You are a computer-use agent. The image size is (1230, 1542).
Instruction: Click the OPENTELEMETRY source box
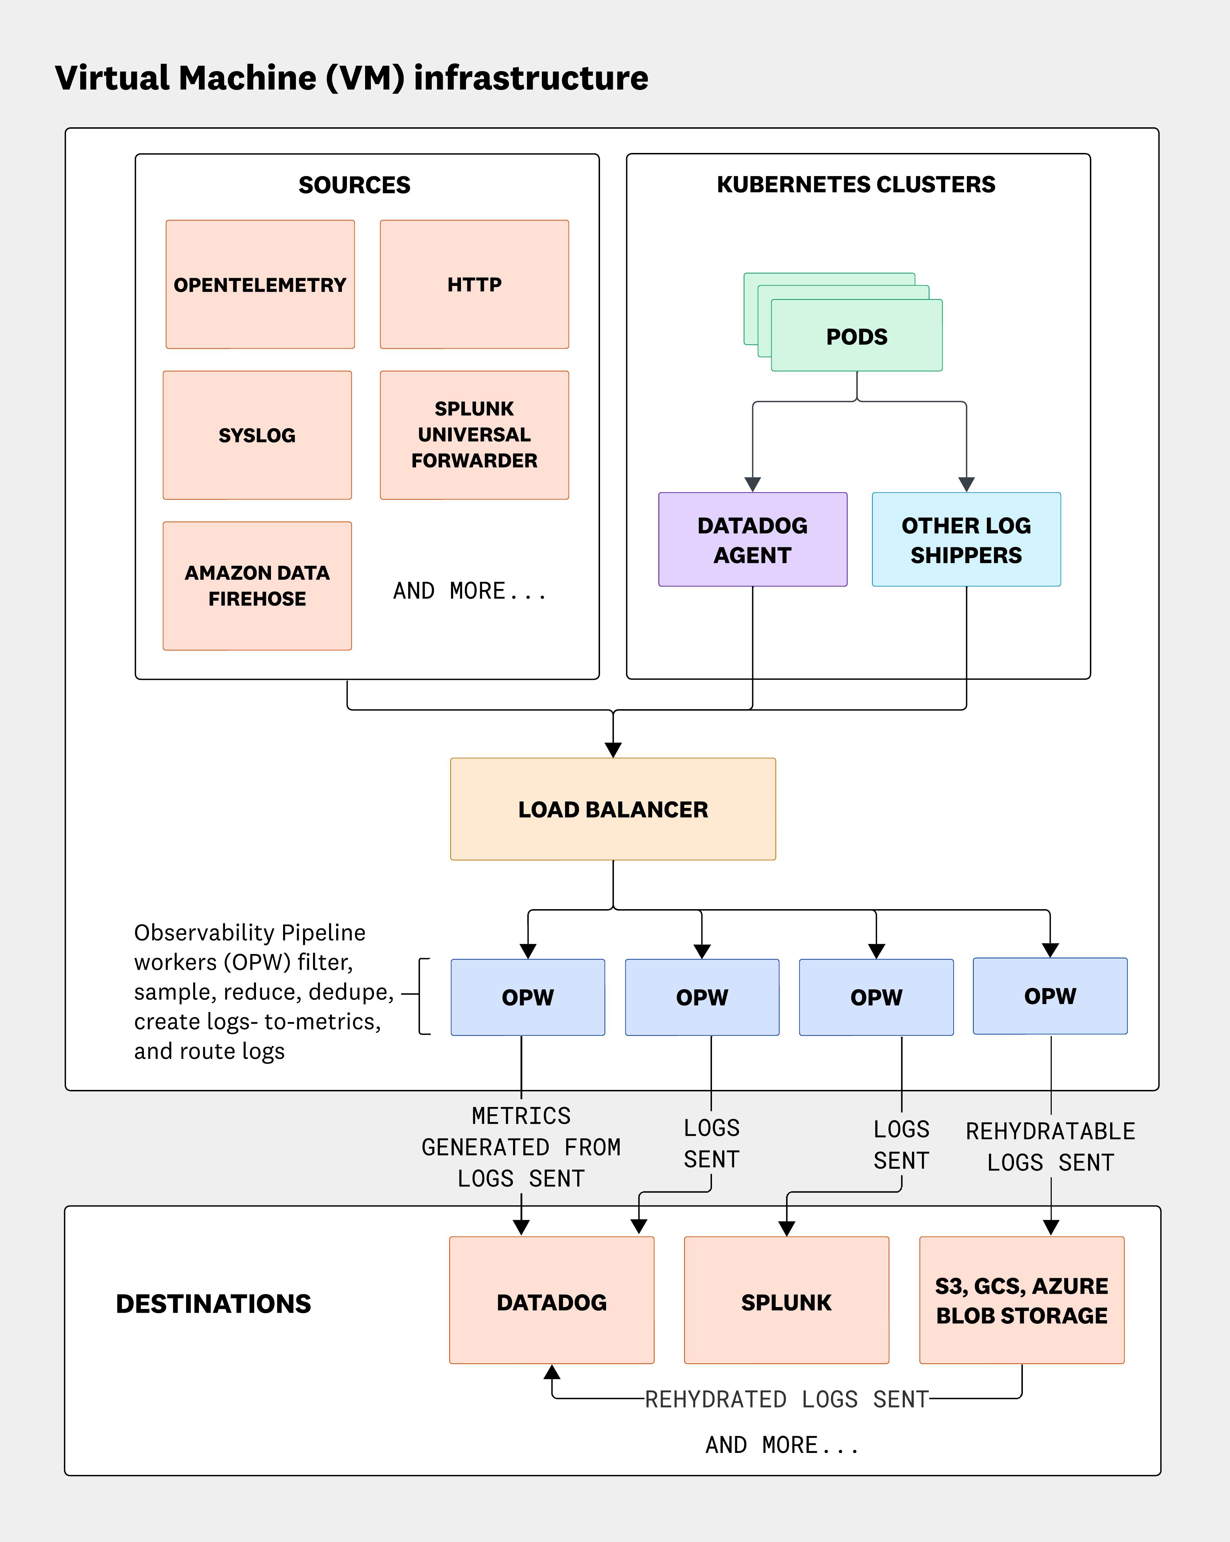click(260, 285)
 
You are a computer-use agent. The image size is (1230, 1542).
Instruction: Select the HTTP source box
click(474, 285)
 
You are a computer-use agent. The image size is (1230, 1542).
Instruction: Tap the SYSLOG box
click(257, 435)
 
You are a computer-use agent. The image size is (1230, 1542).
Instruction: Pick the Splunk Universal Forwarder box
click(474, 435)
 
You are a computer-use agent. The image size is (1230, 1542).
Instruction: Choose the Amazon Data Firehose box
click(257, 586)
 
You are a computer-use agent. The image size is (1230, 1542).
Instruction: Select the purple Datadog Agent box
click(752, 540)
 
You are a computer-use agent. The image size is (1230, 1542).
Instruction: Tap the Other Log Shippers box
click(966, 540)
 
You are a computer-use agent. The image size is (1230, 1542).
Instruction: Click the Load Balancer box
click(613, 809)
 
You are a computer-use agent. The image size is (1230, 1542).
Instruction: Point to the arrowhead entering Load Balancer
click(613, 749)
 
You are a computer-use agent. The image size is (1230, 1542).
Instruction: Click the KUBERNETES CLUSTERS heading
click(856, 185)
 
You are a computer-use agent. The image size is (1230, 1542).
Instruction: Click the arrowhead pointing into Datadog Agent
click(752, 484)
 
